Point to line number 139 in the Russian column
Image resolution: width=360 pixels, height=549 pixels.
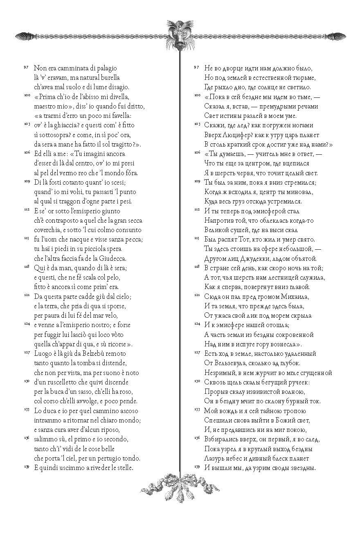coord(196,466)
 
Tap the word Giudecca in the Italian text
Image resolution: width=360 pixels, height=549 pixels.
coord(113,258)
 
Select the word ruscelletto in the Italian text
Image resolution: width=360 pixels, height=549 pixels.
coord(61,382)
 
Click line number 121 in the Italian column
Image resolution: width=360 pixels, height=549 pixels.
coord(26,295)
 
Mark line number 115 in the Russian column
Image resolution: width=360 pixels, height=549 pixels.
coord(196,238)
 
